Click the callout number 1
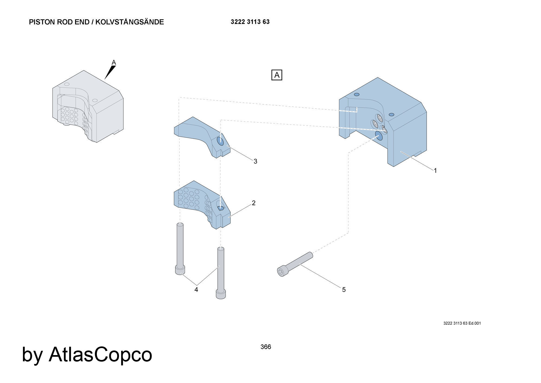[x=435, y=171]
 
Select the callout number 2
[x=253, y=203]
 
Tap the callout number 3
[x=255, y=161]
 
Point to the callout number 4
[x=196, y=290]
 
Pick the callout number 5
[x=344, y=290]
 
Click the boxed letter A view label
[x=277, y=75]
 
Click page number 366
[x=266, y=347]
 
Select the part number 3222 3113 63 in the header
[x=250, y=22]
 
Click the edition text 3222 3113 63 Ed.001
[x=462, y=323]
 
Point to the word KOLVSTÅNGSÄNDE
[x=130, y=22]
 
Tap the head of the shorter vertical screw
[x=180, y=270]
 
